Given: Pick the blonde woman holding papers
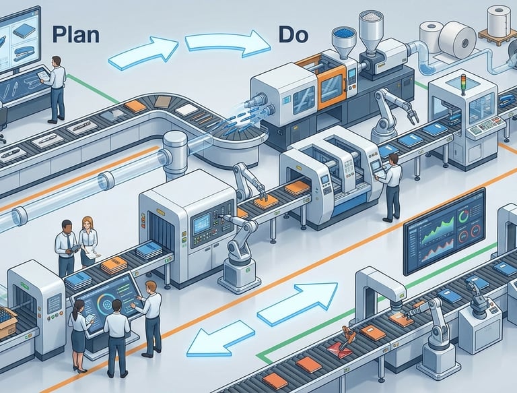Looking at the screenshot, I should click(x=88, y=243).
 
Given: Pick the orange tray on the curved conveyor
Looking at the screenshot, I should click(x=135, y=106).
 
